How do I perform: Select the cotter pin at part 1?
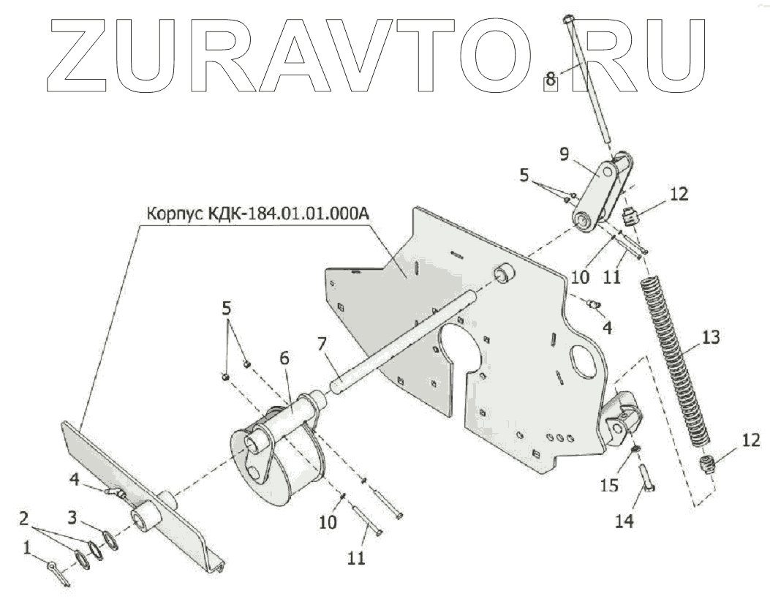pyautogui.click(x=58, y=570)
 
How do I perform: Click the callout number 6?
pyautogui.click(x=284, y=358)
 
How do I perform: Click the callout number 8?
pyautogui.click(x=551, y=75)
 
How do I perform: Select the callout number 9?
pyautogui.click(x=565, y=154)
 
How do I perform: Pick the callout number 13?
pyautogui.click(x=711, y=338)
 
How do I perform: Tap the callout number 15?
pyautogui.click(x=608, y=484)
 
